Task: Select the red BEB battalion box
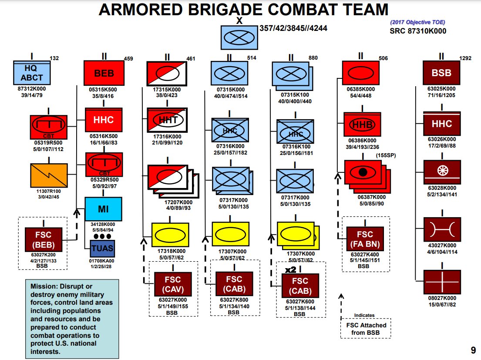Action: coord(104,73)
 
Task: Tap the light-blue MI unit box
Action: coord(103,209)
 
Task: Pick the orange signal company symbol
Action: coord(49,175)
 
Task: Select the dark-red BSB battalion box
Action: coord(441,73)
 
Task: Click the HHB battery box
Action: coord(362,124)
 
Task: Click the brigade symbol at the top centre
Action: coord(239,37)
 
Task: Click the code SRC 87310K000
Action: coord(417,31)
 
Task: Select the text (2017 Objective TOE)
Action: coord(417,22)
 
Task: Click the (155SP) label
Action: coord(385,155)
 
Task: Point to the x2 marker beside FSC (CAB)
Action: coord(290,270)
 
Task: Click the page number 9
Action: coord(472,350)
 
